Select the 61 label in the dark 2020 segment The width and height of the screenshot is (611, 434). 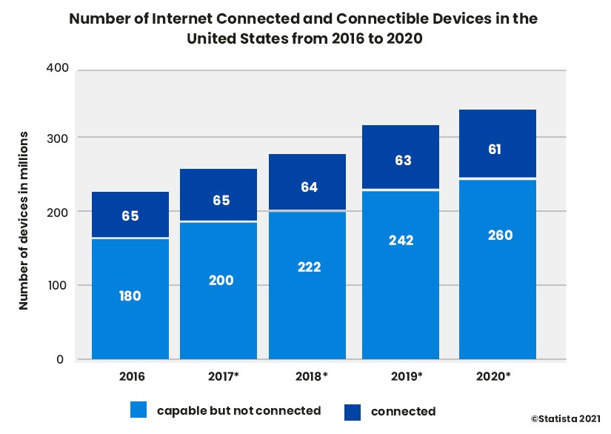click(495, 150)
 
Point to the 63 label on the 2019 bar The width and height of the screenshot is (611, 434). click(403, 161)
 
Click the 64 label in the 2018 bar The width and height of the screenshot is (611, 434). click(310, 187)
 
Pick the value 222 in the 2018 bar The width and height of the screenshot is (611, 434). click(310, 267)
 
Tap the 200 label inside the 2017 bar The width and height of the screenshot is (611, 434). click(221, 281)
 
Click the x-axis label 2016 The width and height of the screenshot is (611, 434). click(132, 376)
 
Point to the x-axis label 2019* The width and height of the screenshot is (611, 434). click(406, 376)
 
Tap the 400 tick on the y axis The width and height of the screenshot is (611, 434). click(58, 69)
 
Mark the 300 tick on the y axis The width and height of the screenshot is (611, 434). click(58, 138)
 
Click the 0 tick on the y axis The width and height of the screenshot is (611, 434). click(64, 360)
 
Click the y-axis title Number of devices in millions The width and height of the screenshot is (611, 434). click(24, 221)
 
